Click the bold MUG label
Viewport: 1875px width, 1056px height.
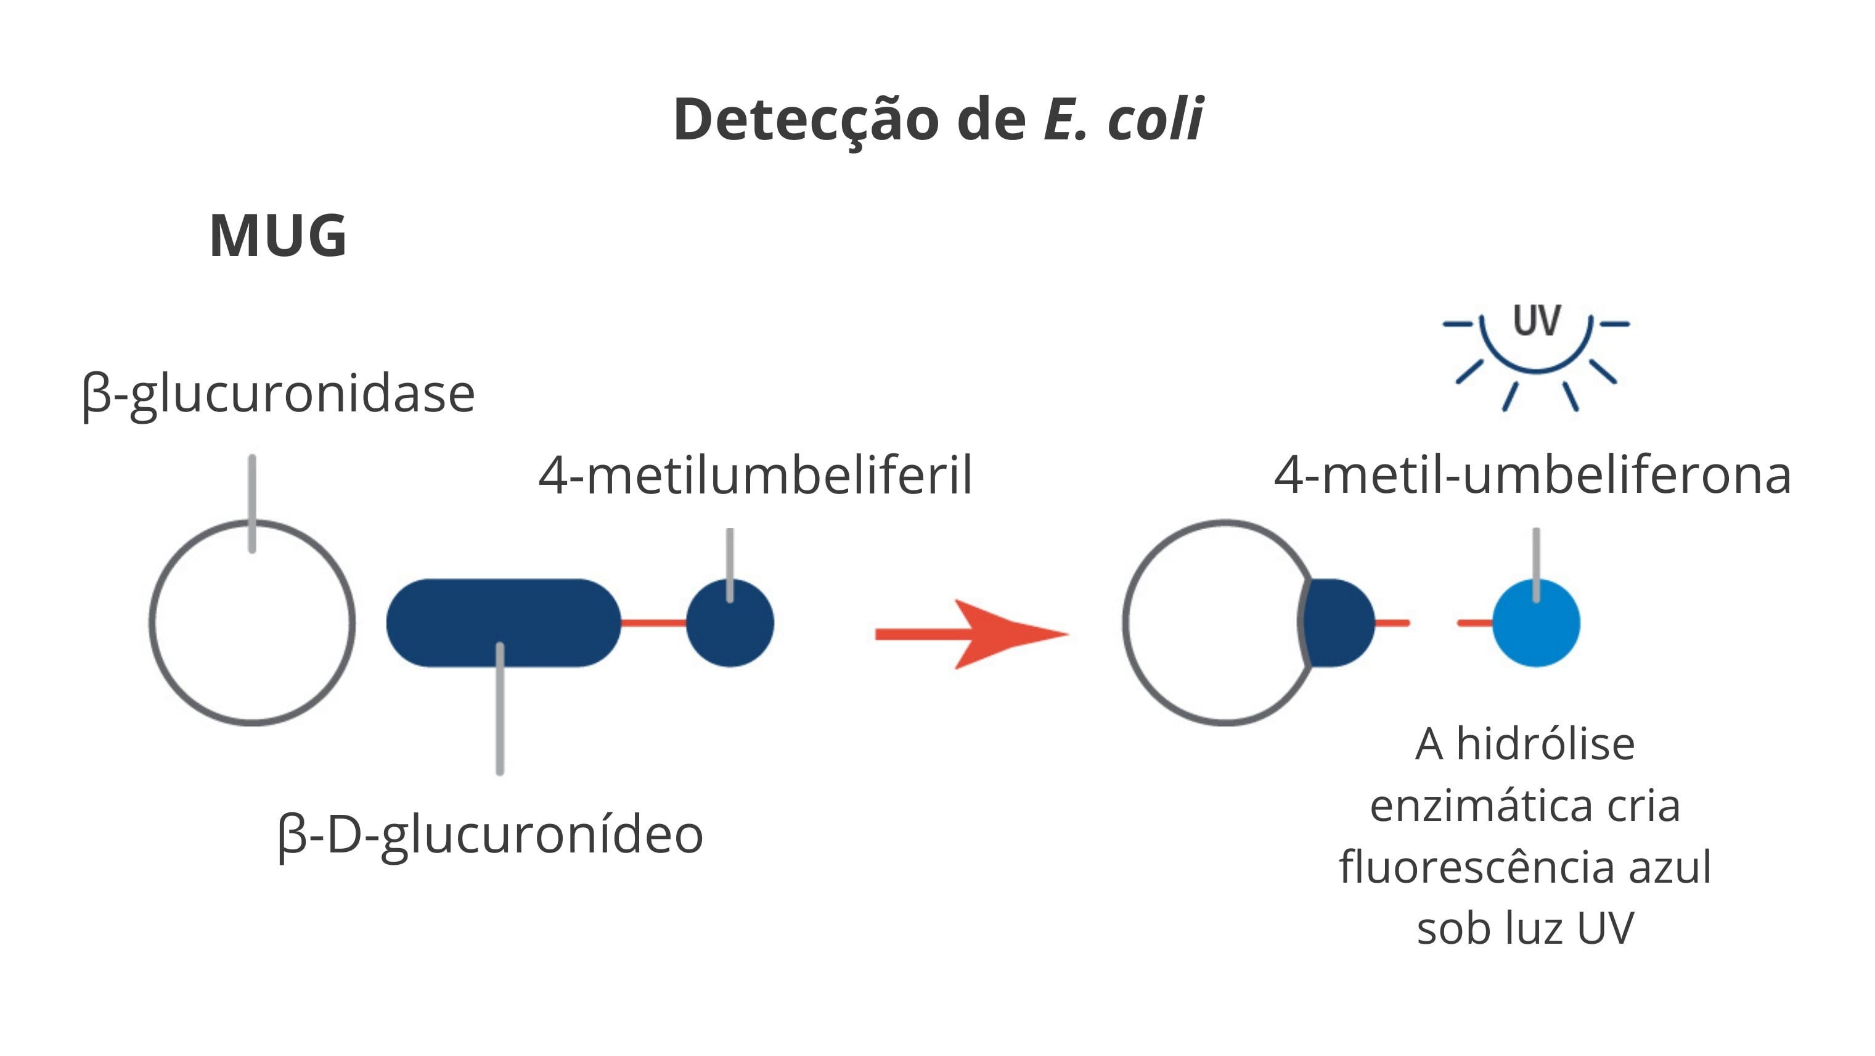point(278,236)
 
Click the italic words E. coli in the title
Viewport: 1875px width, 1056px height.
point(1123,118)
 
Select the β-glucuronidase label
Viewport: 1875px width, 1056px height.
point(278,395)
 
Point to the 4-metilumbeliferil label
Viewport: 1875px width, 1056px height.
point(756,476)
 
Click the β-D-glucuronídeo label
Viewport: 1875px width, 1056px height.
point(491,835)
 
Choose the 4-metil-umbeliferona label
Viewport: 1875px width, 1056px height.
point(1533,476)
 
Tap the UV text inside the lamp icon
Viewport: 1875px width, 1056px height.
point(1537,321)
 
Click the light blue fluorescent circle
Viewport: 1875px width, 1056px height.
point(1536,624)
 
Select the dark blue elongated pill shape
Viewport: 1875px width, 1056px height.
point(504,624)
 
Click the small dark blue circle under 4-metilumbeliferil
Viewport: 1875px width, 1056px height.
point(730,624)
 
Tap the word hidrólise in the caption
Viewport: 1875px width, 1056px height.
point(1545,745)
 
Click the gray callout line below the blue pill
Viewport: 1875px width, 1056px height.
point(500,709)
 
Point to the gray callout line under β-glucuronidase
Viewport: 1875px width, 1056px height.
point(252,504)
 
